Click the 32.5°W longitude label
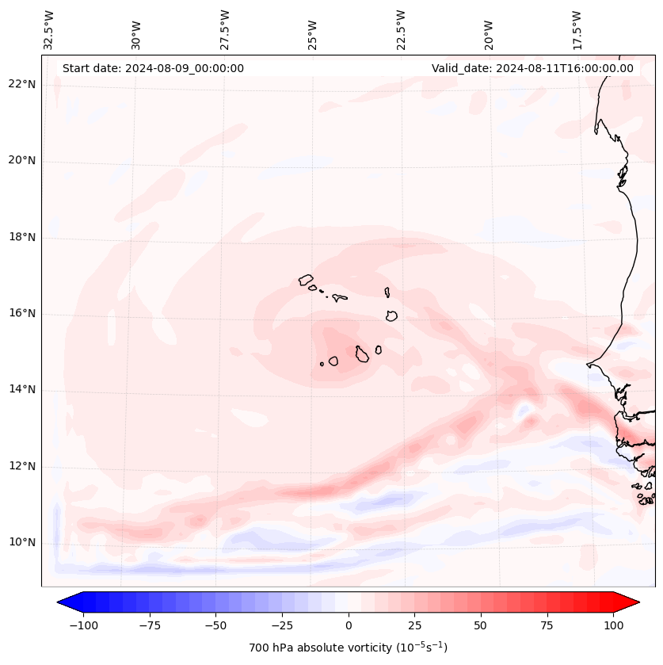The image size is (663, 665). tap(49, 29)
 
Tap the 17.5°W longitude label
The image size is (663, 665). tap(577, 29)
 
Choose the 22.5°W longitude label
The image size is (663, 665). tap(401, 29)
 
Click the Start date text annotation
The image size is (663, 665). tap(153, 68)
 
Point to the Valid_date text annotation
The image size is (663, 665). tap(532, 68)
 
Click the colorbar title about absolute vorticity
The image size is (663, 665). tap(348, 648)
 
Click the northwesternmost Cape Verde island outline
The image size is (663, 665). tap(306, 280)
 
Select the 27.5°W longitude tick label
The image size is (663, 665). tap(225, 29)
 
